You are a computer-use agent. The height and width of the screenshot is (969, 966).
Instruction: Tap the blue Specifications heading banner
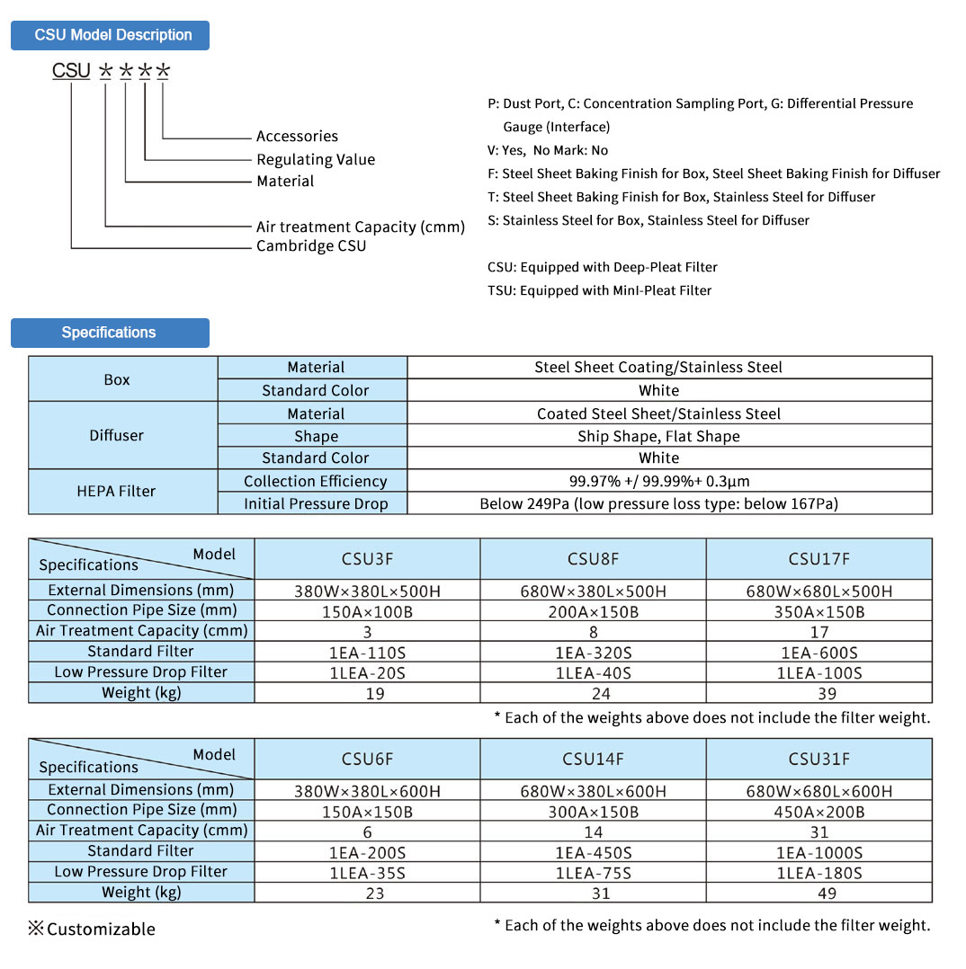110,333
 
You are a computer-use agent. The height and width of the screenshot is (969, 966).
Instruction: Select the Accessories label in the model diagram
297,137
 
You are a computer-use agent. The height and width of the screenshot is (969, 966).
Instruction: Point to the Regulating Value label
316,160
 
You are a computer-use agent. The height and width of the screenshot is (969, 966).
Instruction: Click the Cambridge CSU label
311,246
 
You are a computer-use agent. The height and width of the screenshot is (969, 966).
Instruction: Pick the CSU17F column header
818,559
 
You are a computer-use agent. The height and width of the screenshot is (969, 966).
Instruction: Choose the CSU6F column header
367,760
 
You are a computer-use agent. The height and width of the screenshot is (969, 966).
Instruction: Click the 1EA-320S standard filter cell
593,653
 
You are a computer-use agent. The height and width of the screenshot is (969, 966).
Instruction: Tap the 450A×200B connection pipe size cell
818,812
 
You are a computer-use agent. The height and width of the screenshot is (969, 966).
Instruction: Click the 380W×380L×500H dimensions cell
367,591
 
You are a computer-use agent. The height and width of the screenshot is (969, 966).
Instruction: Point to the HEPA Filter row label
116,492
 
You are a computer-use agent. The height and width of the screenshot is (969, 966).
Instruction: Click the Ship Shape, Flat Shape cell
658,437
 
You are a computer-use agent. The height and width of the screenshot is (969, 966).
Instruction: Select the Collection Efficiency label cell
315,482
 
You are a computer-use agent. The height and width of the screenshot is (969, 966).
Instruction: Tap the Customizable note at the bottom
92,929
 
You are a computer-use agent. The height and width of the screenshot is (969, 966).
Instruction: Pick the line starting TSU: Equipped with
599,290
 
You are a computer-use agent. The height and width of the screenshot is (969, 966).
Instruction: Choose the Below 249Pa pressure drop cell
658,504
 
